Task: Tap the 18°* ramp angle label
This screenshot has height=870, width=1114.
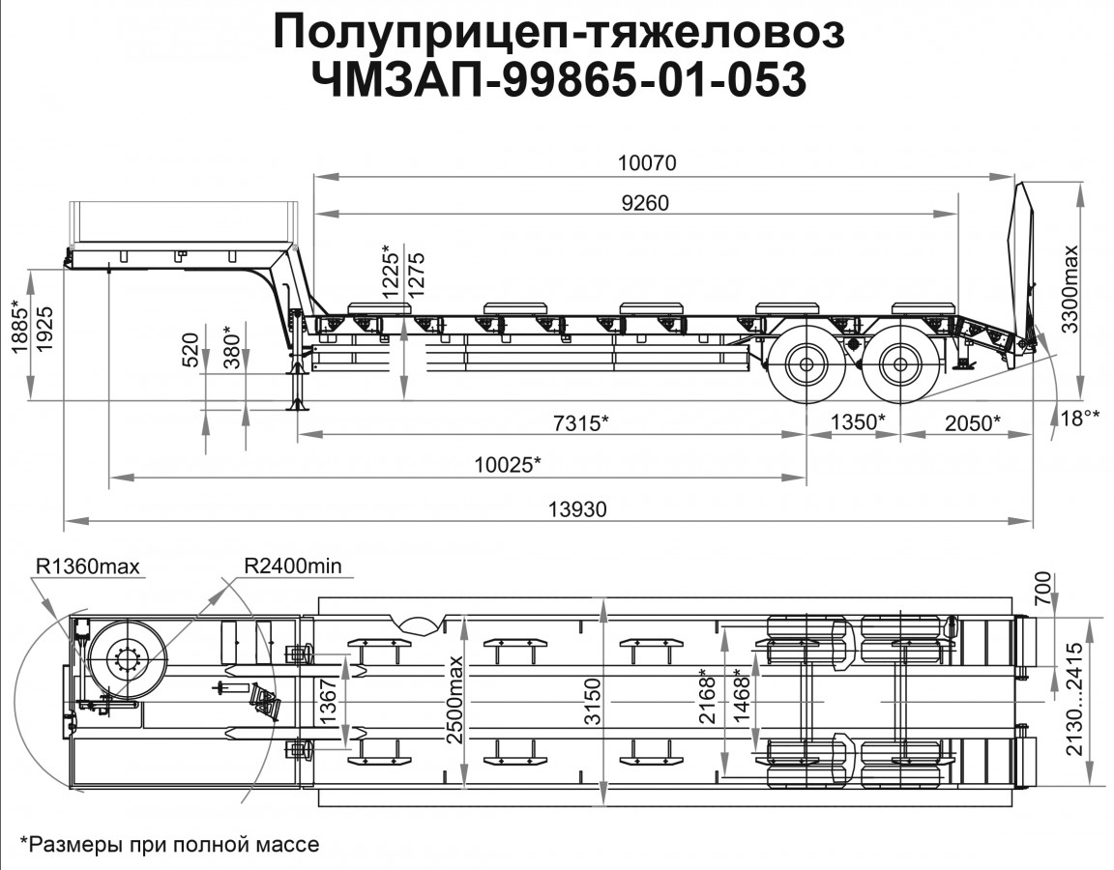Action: click(1080, 417)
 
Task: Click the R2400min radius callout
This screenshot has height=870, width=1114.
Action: click(292, 564)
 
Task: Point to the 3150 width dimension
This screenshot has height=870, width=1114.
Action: click(593, 698)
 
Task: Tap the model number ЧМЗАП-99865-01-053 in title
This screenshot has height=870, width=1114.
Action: click(558, 80)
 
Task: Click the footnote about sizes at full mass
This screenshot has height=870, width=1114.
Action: click(168, 844)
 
